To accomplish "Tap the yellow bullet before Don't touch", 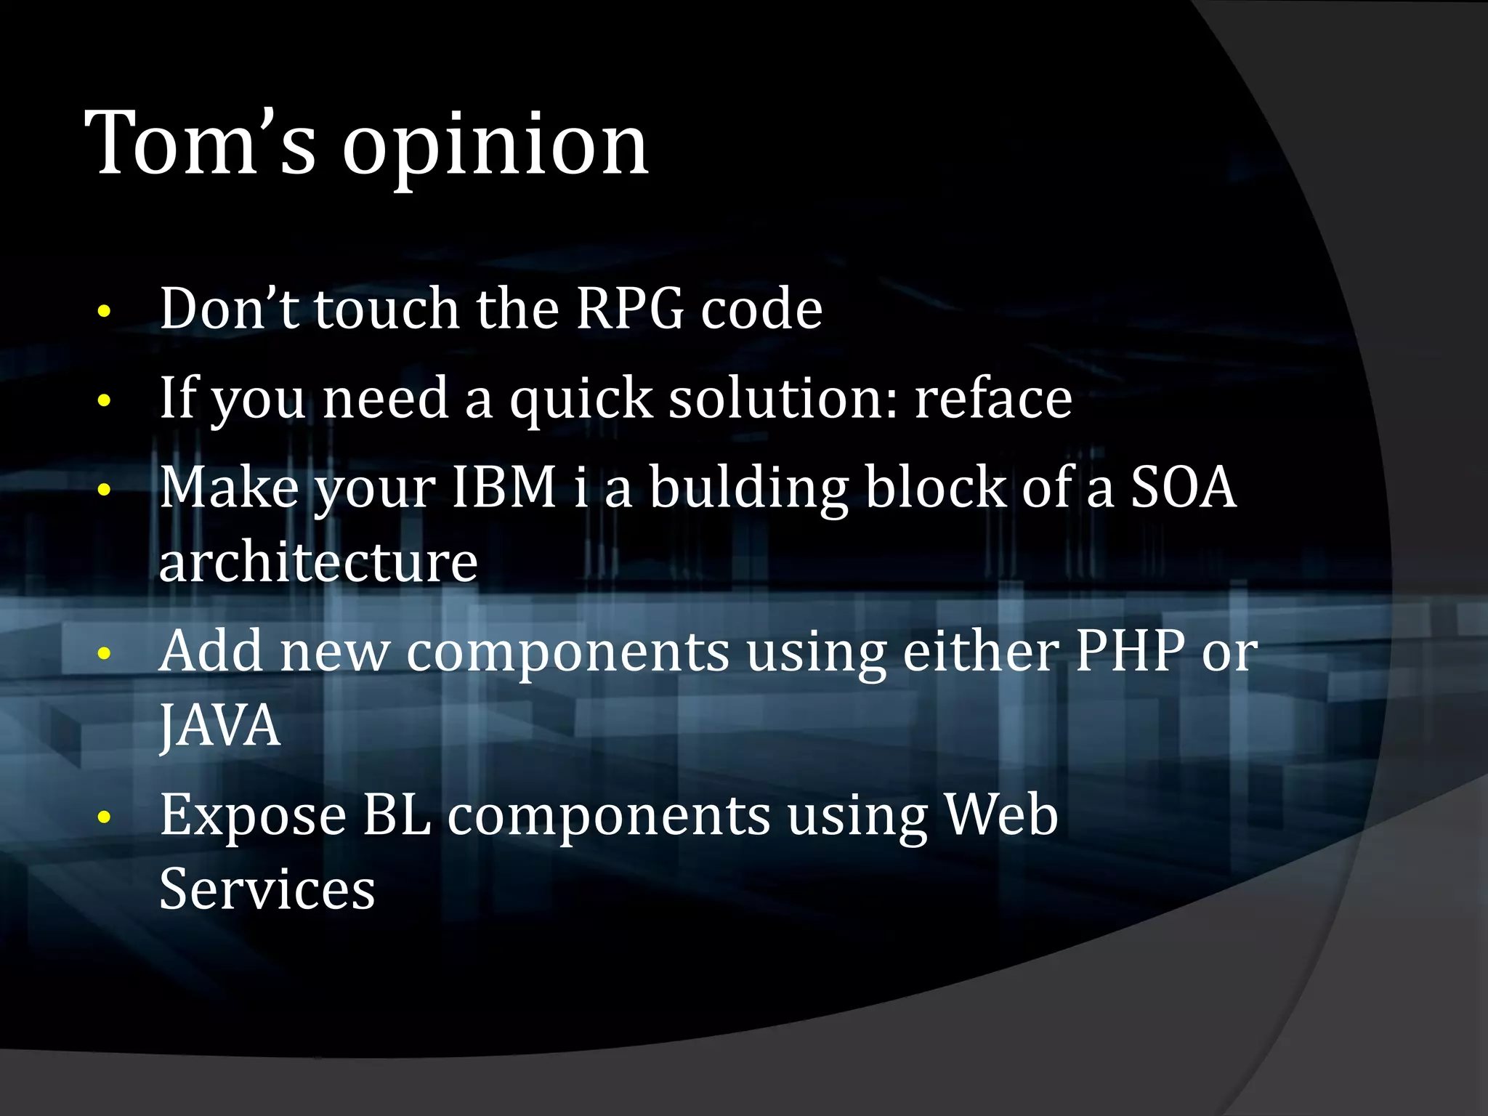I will [105, 312].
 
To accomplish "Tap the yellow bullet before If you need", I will [105, 400].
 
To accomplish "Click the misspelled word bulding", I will [749, 488].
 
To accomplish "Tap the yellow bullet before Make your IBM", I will [105, 490].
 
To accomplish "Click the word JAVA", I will [220, 725].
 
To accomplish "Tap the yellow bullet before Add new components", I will [105, 653].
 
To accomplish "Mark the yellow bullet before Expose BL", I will [105, 817].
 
